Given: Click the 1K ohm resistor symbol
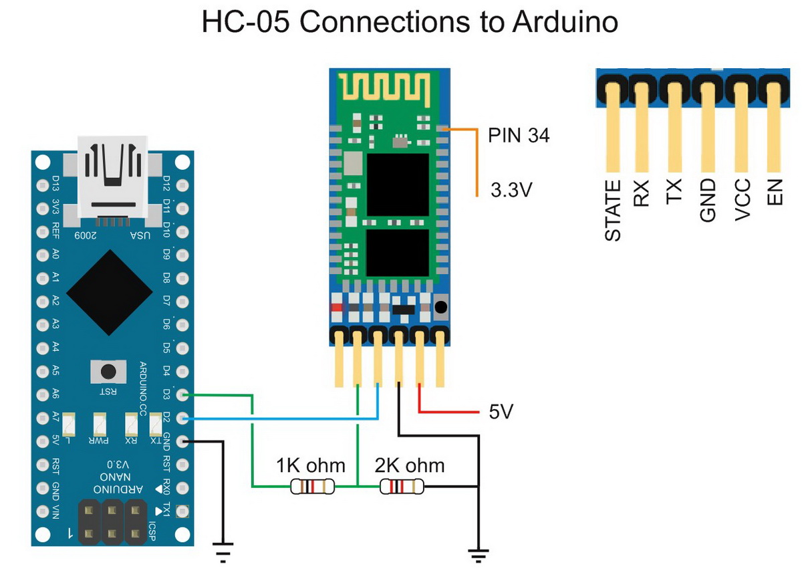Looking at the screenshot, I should pyautogui.click(x=312, y=487).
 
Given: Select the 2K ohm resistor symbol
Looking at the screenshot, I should pyautogui.click(x=402, y=487).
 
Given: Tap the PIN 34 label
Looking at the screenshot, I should pyautogui.click(x=519, y=136).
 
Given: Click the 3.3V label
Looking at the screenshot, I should pyautogui.click(x=511, y=190).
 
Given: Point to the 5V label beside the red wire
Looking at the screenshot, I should pyautogui.click(x=501, y=411).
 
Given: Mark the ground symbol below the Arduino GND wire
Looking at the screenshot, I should pyautogui.click(x=223, y=551).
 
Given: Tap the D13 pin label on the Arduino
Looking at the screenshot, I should pyautogui.click(x=56, y=183).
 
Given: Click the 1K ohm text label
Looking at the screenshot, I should pyautogui.click(x=311, y=465).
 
